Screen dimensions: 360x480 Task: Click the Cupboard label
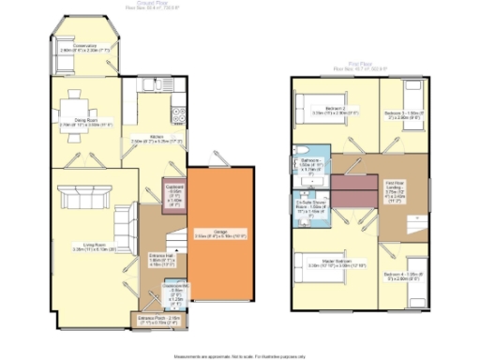(x=173, y=192)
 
